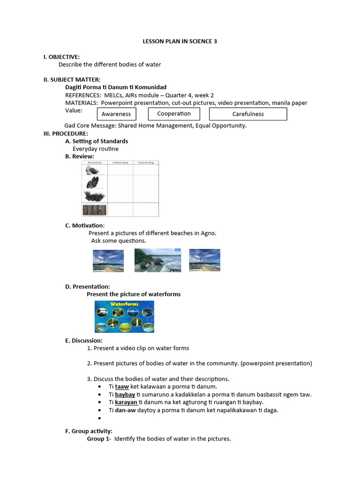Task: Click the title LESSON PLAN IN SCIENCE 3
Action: pos(180,41)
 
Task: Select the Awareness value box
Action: pos(116,114)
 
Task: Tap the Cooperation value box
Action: pos(174,113)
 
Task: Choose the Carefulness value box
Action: pos(247,114)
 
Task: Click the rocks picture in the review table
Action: pos(93,170)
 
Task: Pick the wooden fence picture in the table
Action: pos(94,210)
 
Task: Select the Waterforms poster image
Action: pos(124,316)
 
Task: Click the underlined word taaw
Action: pos(122,387)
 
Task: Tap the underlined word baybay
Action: pos(125,395)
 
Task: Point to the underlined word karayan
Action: pos(126,402)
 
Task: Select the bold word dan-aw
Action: pos(125,410)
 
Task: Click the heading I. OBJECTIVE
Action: pos(61,57)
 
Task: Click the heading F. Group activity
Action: pos(89,431)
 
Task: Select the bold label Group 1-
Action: pos(99,439)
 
